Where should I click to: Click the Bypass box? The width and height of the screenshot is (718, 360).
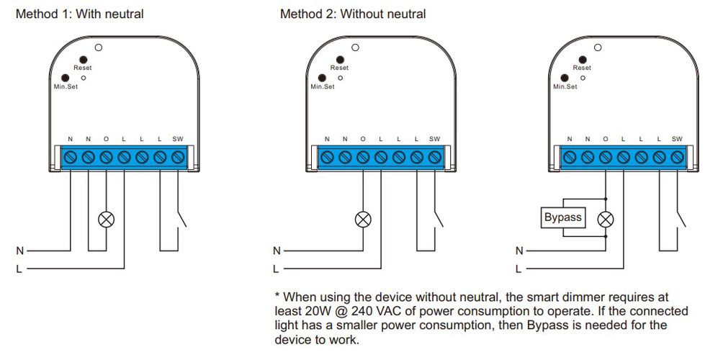(562, 217)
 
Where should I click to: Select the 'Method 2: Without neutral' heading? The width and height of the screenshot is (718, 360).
(352, 14)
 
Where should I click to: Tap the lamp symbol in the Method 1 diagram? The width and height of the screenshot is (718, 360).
(107, 220)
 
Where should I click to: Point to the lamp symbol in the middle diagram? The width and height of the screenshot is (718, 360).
(363, 220)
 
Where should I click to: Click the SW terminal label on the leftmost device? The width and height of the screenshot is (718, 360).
(178, 139)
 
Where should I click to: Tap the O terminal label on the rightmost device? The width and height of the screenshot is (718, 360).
(605, 139)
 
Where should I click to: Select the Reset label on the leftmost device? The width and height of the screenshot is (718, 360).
(83, 68)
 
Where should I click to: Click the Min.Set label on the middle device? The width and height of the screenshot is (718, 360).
(322, 87)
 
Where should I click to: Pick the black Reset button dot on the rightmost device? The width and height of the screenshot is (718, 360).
(581, 59)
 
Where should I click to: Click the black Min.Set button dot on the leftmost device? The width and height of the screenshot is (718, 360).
(66, 77)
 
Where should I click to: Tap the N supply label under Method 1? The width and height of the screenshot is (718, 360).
(20, 251)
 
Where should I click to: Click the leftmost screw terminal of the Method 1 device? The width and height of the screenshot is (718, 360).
(71, 156)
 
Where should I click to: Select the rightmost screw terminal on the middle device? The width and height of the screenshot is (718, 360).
(434, 156)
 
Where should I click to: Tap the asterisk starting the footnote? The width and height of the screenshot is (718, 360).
(277, 295)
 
